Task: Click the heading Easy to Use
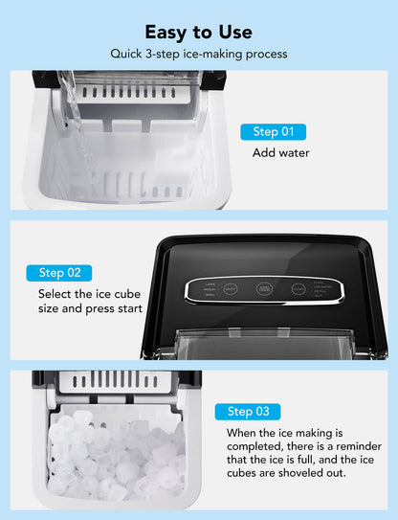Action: [x=198, y=32]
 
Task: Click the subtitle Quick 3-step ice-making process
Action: [x=198, y=55]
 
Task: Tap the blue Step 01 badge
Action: [x=273, y=132]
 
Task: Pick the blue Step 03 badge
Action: [x=248, y=412]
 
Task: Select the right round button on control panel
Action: [x=299, y=287]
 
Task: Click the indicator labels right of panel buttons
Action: [x=325, y=288]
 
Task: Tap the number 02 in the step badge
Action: [x=74, y=273]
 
